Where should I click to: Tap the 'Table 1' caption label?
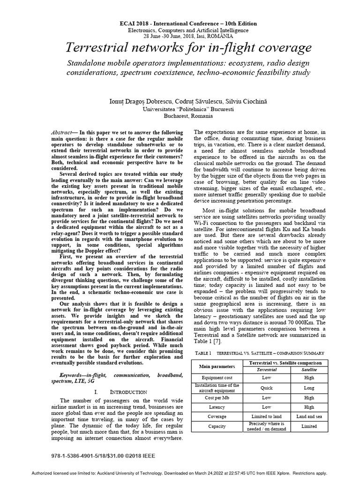pos(202,352)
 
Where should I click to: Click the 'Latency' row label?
pos(214,407)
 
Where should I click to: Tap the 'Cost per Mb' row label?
pos(214,398)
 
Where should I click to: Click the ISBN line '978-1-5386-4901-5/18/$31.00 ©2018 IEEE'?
pos(102,455)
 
